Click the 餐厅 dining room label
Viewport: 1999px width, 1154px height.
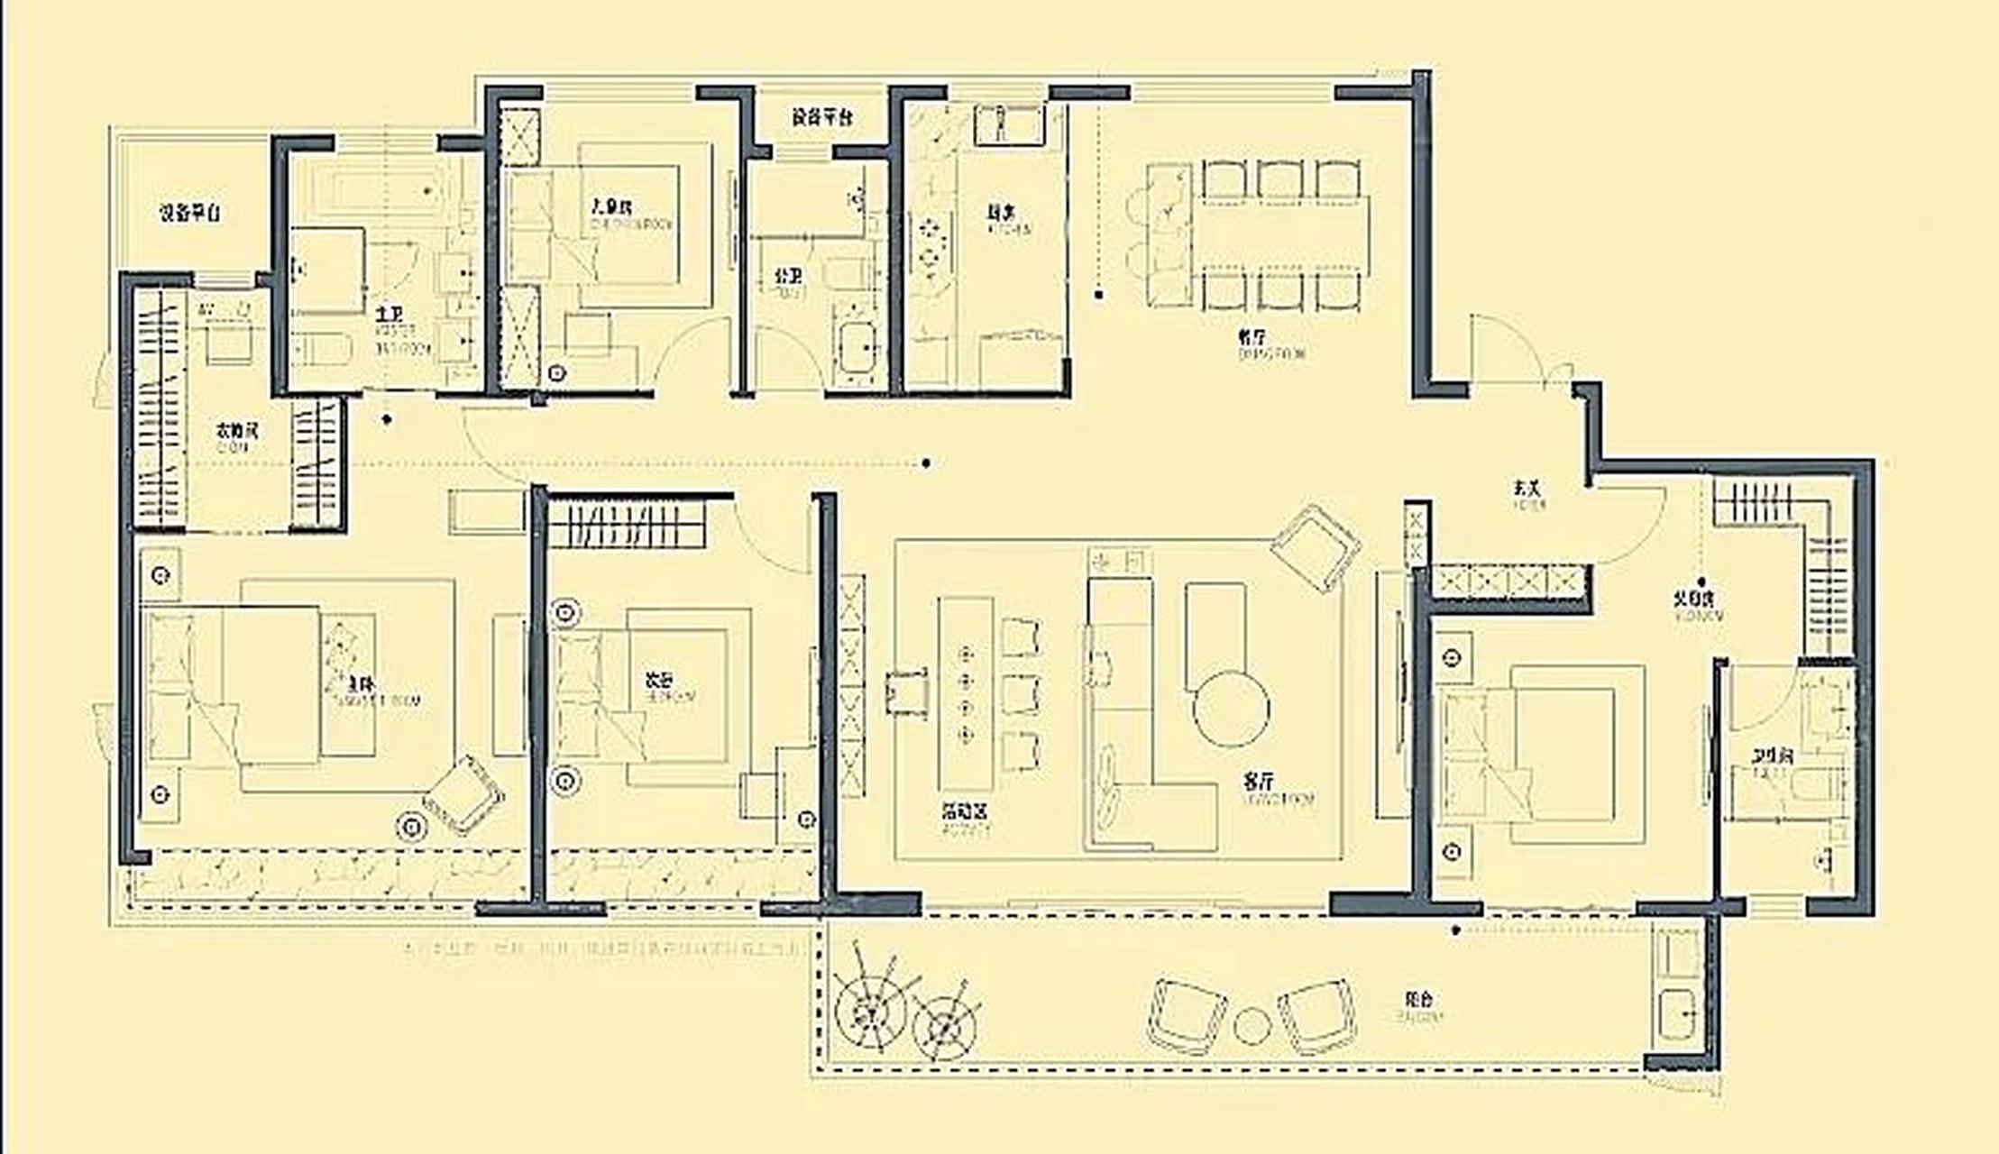pyautogui.click(x=1250, y=336)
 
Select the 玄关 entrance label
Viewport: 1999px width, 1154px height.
pyautogui.click(x=1527, y=488)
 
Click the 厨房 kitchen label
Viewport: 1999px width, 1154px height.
pyautogui.click(x=998, y=214)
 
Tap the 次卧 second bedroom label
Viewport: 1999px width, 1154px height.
pyautogui.click(x=658, y=681)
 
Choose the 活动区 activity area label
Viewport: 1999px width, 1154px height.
pyautogui.click(x=965, y=811)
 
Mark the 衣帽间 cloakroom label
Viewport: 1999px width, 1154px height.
pyautogui.click(x=237, y=430)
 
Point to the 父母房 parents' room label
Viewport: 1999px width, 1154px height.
pyautogui.click(x=1696, y=599)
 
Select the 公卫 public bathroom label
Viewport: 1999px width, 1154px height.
pyautogui.click(x=788, y=275)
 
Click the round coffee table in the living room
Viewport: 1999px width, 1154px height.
pyautogui.click(x=1231, y=708)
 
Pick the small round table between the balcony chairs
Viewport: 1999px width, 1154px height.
pyautogui.click(x=1252, y=1025)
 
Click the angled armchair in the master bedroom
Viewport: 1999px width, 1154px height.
pyautogui.click(x=463, y=794)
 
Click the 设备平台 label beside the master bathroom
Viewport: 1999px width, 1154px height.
pyautogui.click(x=190, y=213)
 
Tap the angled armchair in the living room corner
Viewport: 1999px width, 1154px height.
pyautogui.click(x=1316, y=546)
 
